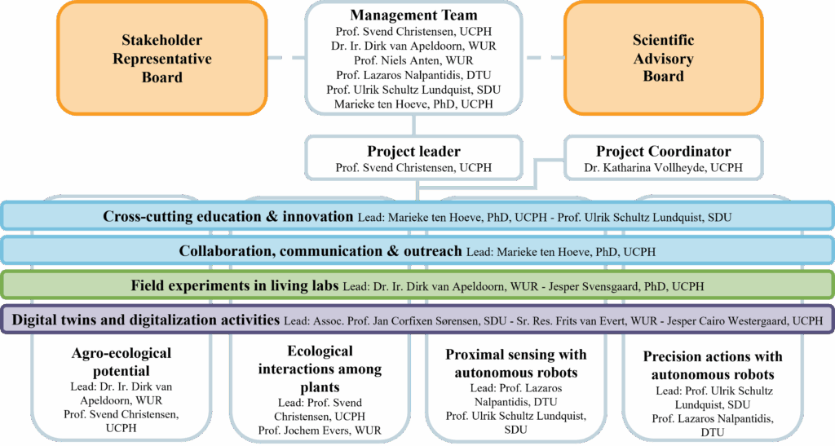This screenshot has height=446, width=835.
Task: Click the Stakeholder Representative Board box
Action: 162,58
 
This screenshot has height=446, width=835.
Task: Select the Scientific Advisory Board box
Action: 663,58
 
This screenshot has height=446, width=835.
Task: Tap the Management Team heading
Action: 413,15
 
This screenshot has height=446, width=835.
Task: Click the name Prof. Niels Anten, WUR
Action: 413,60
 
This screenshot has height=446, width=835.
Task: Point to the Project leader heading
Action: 413,152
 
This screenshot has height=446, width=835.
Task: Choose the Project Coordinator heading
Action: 663,152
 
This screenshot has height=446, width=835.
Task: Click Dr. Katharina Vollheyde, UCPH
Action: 663,168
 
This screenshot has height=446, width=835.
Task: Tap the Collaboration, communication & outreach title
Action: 320,251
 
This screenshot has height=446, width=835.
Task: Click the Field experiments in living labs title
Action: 235,285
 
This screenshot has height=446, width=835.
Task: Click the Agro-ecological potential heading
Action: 121,362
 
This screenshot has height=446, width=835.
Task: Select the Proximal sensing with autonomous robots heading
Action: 516,364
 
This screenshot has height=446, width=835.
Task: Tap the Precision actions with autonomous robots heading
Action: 713,365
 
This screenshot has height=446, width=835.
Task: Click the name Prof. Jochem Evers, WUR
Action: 320,431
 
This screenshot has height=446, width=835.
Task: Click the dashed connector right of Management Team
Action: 544,58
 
